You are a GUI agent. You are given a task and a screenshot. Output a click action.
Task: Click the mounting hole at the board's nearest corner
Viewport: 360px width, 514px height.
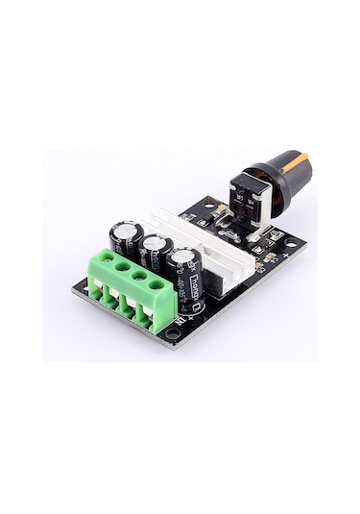pyautogui.click(x=172, y=333)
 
